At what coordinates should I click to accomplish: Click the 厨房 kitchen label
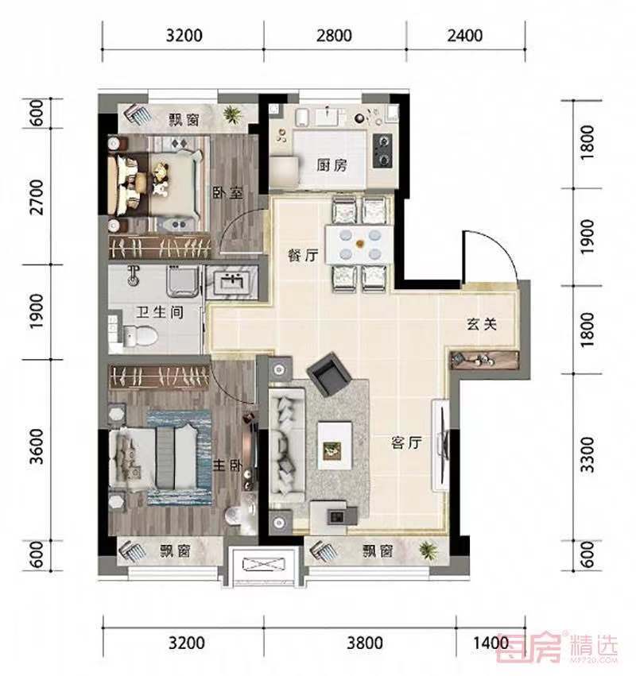point(332,165)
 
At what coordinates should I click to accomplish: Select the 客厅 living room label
point(406,442)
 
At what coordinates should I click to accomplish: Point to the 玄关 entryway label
point(482,324)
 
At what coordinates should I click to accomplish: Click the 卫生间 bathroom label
point(160,312)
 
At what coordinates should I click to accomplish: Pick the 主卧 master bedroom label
point(227,465)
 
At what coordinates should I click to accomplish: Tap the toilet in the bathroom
point(140,336)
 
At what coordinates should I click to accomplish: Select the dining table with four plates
point(359,245)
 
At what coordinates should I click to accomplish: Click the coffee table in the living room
point(335,446)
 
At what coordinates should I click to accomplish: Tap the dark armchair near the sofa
point(329,374)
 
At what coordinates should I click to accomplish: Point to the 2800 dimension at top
point(334,36)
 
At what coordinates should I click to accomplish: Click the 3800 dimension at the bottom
point(365,643)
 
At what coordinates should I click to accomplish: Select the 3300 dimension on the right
point(587,454)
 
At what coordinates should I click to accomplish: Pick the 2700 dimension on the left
point(37,197)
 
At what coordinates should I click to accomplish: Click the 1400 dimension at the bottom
point(491,643)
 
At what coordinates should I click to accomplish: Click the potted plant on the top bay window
point(233,114)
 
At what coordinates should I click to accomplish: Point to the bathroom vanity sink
point(231,281)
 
